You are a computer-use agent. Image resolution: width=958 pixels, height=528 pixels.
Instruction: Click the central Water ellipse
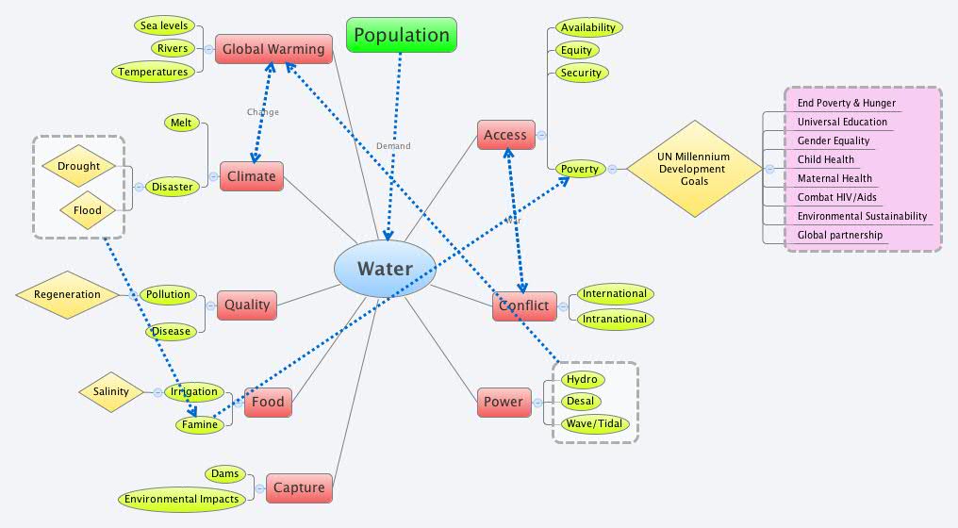coord(385,269)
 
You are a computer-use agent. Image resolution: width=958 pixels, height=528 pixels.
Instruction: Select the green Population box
coord(402,36)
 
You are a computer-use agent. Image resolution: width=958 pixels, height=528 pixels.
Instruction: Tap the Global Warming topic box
coord(273,49)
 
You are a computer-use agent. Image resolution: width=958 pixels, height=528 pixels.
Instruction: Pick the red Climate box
coord(252,176)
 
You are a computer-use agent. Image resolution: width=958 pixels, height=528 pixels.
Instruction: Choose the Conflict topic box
coord(524,305)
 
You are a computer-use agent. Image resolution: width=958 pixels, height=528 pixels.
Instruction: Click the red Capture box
coord(299,487)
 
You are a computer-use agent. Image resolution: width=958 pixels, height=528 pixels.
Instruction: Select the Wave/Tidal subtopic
coord(592,424)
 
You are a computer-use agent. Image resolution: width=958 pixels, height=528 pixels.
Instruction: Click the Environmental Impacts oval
coord(182,499)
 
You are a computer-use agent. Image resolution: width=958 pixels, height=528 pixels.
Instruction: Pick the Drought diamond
coord(78,167)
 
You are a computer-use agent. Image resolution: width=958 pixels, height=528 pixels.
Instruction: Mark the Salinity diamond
coord(111,392)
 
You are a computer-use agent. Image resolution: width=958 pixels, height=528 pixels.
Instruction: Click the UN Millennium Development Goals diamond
coord(695,169)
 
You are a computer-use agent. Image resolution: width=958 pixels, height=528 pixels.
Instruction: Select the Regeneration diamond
coord(67,294)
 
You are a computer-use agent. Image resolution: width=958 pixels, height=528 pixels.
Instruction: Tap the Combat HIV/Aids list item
coord(836,197)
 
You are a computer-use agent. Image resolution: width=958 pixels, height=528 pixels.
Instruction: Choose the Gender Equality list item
coord(834,140)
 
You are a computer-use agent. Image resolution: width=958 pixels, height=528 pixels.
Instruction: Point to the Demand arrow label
coord(393,146)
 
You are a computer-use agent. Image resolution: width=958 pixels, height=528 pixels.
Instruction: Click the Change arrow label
coord(263,112)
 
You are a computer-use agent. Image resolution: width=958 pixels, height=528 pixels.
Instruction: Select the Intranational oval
coord(615,319)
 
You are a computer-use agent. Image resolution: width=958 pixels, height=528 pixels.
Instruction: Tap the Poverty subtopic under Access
coord(580,169)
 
